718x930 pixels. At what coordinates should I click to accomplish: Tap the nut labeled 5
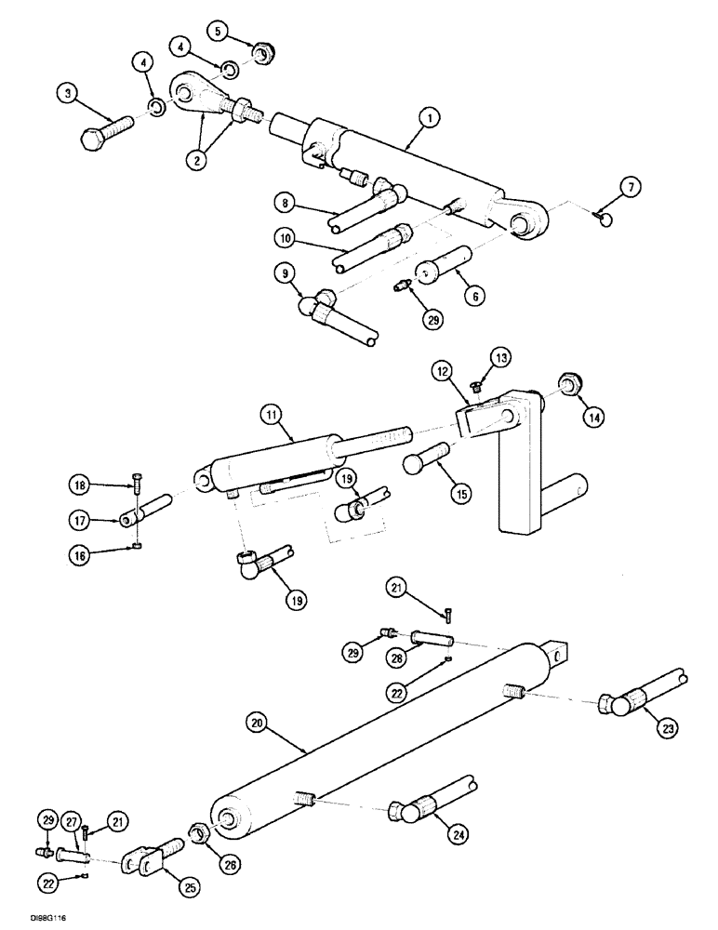click(262, 55)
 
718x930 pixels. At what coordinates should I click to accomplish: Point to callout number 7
click(632, 189)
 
